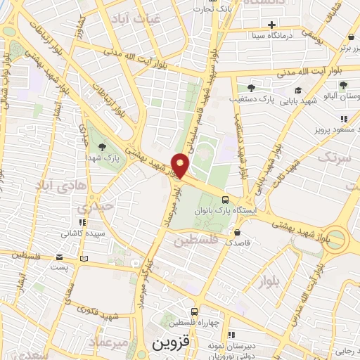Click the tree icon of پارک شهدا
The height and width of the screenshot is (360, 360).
103,147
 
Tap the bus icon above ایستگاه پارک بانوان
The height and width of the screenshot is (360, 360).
224,199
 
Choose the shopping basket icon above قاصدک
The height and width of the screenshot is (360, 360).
237,232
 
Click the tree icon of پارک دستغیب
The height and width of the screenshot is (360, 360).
251,88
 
